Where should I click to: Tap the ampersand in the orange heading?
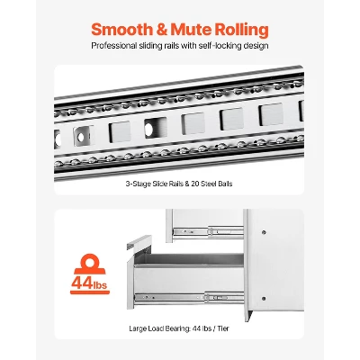click(x=161, y=30)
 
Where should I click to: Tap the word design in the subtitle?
click(x=256, y=46)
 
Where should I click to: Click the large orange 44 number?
click(x=82, y=283)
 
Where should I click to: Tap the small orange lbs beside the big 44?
click(x=100, y=284)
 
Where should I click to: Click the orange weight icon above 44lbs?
click(x=90, y=264)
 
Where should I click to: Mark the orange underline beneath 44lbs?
click(x=90, y=292)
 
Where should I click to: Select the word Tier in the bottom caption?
click(x=223, y=328)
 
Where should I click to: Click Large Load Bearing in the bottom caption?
click(x=160, y=328)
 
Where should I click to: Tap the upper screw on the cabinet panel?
click(x=264, y=232)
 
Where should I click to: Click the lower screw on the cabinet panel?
click(x=264, y=299)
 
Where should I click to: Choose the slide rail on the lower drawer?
click(x=189, y=298)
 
